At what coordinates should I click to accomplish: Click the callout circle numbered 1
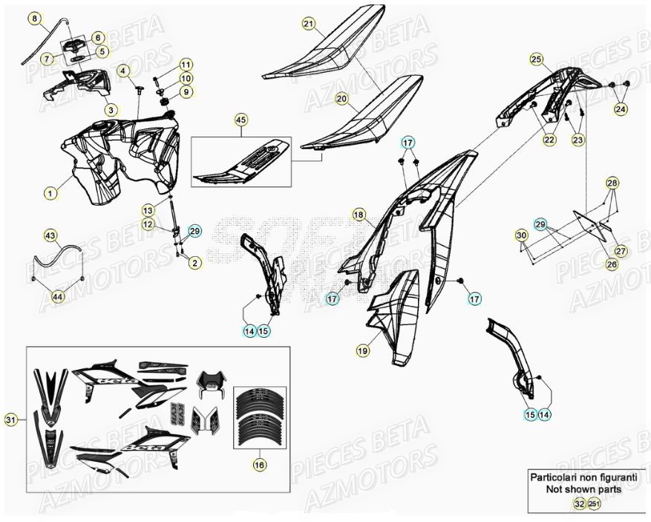click(x=50, y=193)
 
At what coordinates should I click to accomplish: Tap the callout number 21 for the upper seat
click(x=309, y=24)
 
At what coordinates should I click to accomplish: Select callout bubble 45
click(x=240, y=119)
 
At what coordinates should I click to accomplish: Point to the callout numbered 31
click(x=10, y=421)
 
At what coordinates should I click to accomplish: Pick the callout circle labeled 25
click(x=536, y=59)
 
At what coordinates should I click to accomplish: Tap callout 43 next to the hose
click(x=50, y=235)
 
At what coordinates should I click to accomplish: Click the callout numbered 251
click(x=593, y=504)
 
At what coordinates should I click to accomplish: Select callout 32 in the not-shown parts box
click(x=578, y=504)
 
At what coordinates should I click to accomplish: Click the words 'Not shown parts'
click(x=581, y=489)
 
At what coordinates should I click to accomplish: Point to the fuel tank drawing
click(x=126, y=160)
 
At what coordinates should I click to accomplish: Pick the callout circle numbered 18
click(x=359, y=215)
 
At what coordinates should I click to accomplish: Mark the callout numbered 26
click(x=611, y=264)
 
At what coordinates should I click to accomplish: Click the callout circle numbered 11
click(x=186, y=65)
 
